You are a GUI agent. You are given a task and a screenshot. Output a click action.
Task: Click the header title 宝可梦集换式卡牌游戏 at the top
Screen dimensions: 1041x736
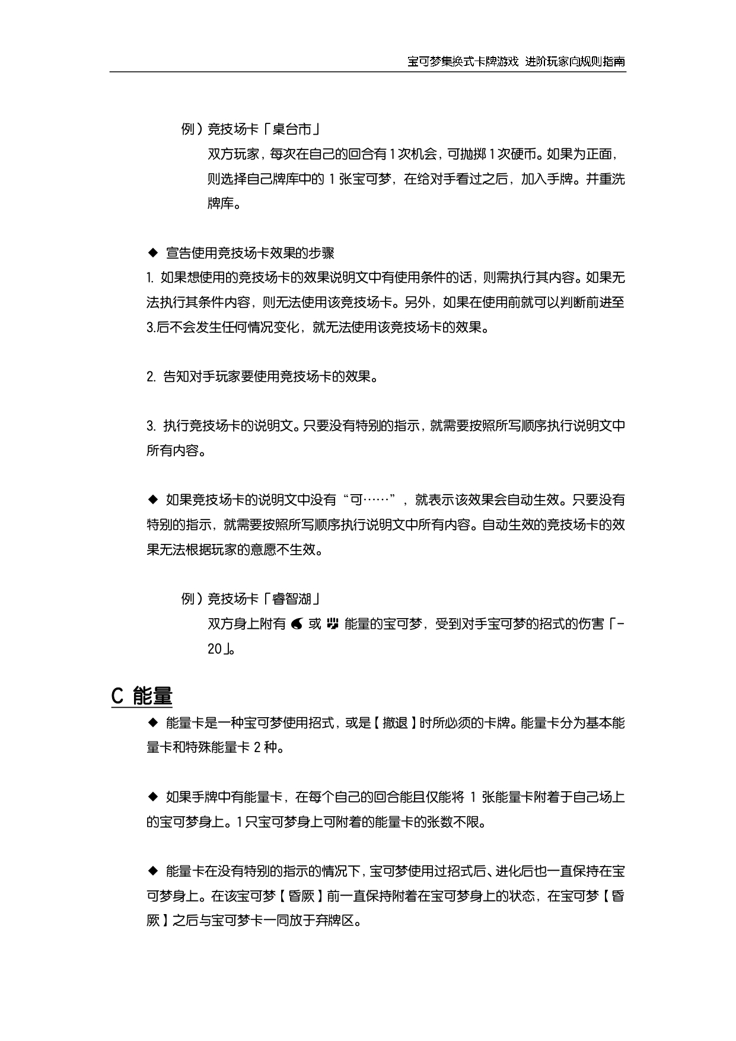pyautogui.click(x=463, y=62)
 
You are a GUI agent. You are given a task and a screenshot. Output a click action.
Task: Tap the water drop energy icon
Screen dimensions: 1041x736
pyautogui.click(x=297, y=624)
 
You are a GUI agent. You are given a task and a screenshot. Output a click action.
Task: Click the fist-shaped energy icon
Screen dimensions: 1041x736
pyautogui.click(x=332, y=624)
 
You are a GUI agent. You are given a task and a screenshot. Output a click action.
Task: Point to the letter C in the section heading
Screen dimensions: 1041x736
pyautogui.click(x=117, y=696)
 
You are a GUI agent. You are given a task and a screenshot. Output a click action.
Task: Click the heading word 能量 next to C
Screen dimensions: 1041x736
pyautogui.click(x=152, y=696)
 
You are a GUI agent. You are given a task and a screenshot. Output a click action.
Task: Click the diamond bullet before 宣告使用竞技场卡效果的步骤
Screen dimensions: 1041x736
pyautogui.click(x=152, y=253)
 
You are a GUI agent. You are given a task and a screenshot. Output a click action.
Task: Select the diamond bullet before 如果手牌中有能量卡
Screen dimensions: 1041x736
pyautogui.click(x=152, y=797)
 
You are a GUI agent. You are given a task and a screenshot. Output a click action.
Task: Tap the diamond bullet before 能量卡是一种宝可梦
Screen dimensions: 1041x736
pyautogui.click(x=152, y=722)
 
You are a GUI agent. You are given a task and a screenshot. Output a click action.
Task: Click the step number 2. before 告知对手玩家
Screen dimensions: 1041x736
pyautogui.click(x=151, y=377)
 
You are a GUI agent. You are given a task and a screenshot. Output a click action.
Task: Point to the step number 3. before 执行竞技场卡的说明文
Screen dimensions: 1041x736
pyautogui.click(x=151, y=426)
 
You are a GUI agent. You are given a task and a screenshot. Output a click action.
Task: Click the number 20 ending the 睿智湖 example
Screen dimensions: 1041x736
pyautogui.click(x=214, y=649)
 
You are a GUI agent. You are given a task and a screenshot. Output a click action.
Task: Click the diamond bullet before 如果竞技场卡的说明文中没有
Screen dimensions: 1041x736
pyautogui.click(x=152, y=500)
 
